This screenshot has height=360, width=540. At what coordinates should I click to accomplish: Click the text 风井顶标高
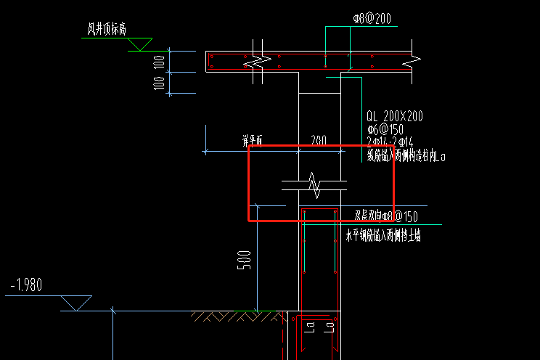[107, 30]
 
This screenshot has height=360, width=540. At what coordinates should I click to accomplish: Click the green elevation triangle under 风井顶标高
[139, 44]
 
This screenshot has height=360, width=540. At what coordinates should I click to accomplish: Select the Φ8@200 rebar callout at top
[372, 19]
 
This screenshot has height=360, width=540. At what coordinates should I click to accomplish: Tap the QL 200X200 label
[395, 116]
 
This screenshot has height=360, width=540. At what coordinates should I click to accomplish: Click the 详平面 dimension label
[252, 139]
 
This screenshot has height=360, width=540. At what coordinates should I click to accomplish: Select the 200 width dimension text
[318, 140]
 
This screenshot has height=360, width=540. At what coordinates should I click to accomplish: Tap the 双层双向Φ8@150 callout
[385, 216]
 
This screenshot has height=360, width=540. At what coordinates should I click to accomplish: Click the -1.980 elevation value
[26, 285]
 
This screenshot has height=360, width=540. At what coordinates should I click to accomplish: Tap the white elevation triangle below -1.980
[76, 302]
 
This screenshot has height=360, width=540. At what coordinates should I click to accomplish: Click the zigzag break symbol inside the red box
[314, 185]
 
